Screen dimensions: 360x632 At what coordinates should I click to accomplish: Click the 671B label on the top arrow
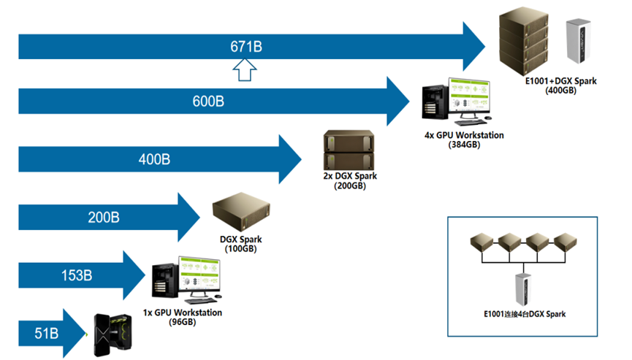[x=246, y=47]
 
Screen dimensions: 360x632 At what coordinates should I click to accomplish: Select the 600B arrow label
[x=208, y=102]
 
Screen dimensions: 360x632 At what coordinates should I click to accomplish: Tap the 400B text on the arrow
[x=155, y=158]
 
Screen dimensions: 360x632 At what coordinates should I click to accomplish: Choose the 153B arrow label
[x=76, y=276]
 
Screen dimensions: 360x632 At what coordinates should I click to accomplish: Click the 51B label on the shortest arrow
[x=46, y=334]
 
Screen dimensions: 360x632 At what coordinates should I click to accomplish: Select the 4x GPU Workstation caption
[x=464, y=135]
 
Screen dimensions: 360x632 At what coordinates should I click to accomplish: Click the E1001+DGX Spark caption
[x=560, y=81]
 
